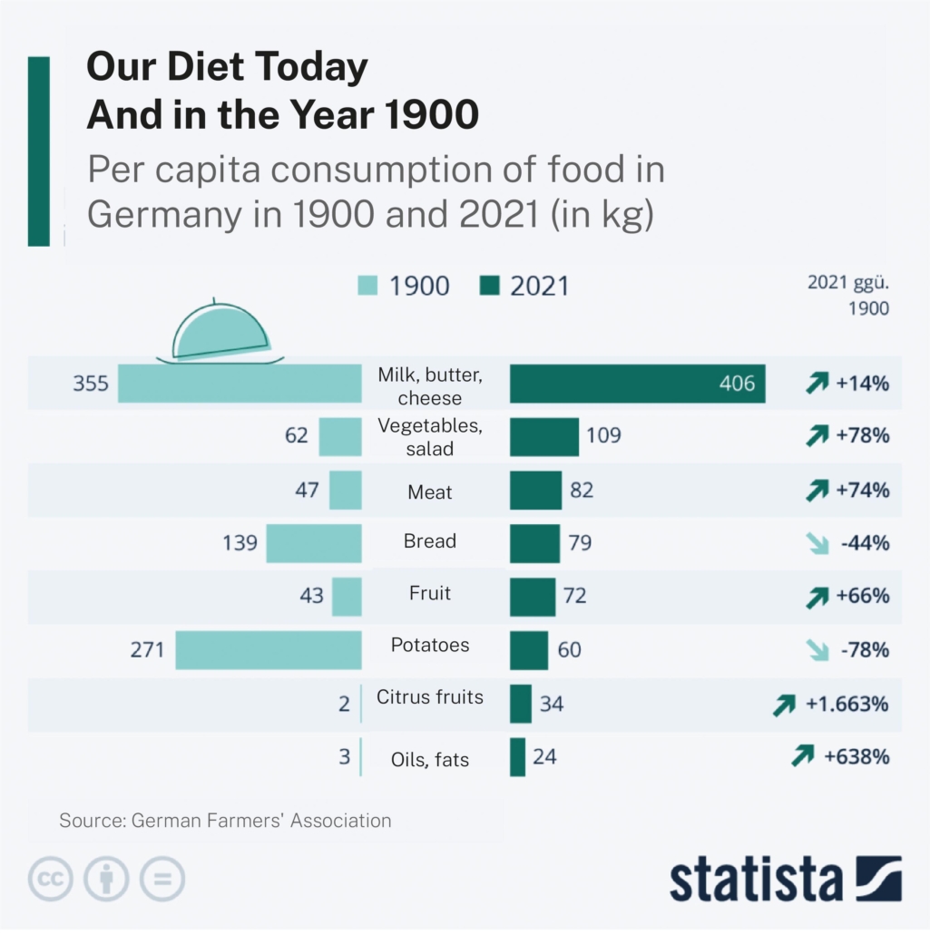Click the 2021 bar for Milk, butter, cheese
637,384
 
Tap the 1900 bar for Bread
314,543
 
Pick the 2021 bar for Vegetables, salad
544,436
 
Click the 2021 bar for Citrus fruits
521,704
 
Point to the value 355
91,384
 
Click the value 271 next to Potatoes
147,649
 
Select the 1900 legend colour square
367,287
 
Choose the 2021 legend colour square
489,287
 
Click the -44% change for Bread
865,544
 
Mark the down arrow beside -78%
817,650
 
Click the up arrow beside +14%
817,384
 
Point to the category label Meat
430,492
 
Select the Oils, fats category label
430,760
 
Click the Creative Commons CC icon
51,879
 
